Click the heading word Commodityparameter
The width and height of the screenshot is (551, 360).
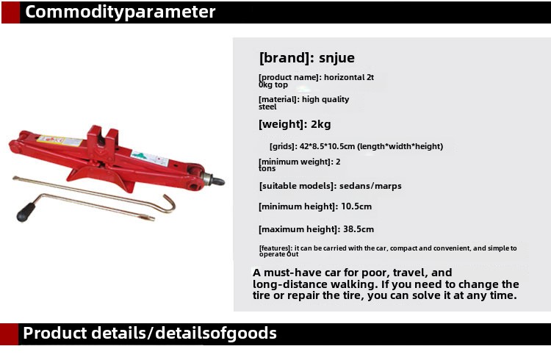point(120,12)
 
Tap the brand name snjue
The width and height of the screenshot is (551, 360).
point(336,57)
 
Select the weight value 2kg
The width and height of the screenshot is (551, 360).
point(321,124)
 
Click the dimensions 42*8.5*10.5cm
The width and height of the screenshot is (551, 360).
point(327,146)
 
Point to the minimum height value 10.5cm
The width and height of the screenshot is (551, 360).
point(356,206)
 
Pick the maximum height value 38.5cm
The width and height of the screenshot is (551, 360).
point(359,229)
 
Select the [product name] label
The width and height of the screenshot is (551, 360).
point(290,77)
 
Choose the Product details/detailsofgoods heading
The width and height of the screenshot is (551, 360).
point(150,334)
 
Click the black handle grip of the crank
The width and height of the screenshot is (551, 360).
point(26,212)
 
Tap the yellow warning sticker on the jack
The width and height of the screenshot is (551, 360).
point(60,140)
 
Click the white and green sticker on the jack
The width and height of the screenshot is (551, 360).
point(150,158)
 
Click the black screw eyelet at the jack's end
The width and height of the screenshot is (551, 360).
point(218,181)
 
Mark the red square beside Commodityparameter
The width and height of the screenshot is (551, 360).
point(10,12)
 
